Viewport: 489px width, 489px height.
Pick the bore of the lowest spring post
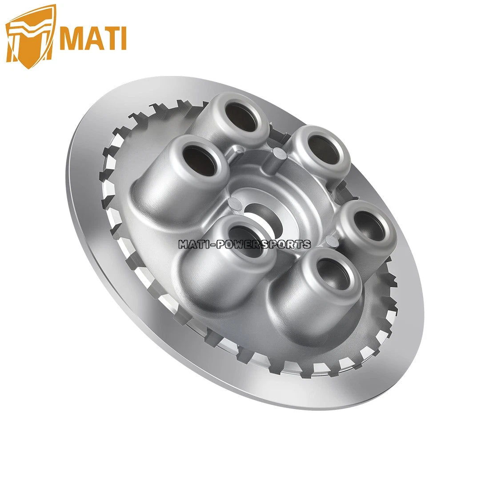[x=331, y=276]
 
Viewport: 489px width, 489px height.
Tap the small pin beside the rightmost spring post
[x=329, y=240]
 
